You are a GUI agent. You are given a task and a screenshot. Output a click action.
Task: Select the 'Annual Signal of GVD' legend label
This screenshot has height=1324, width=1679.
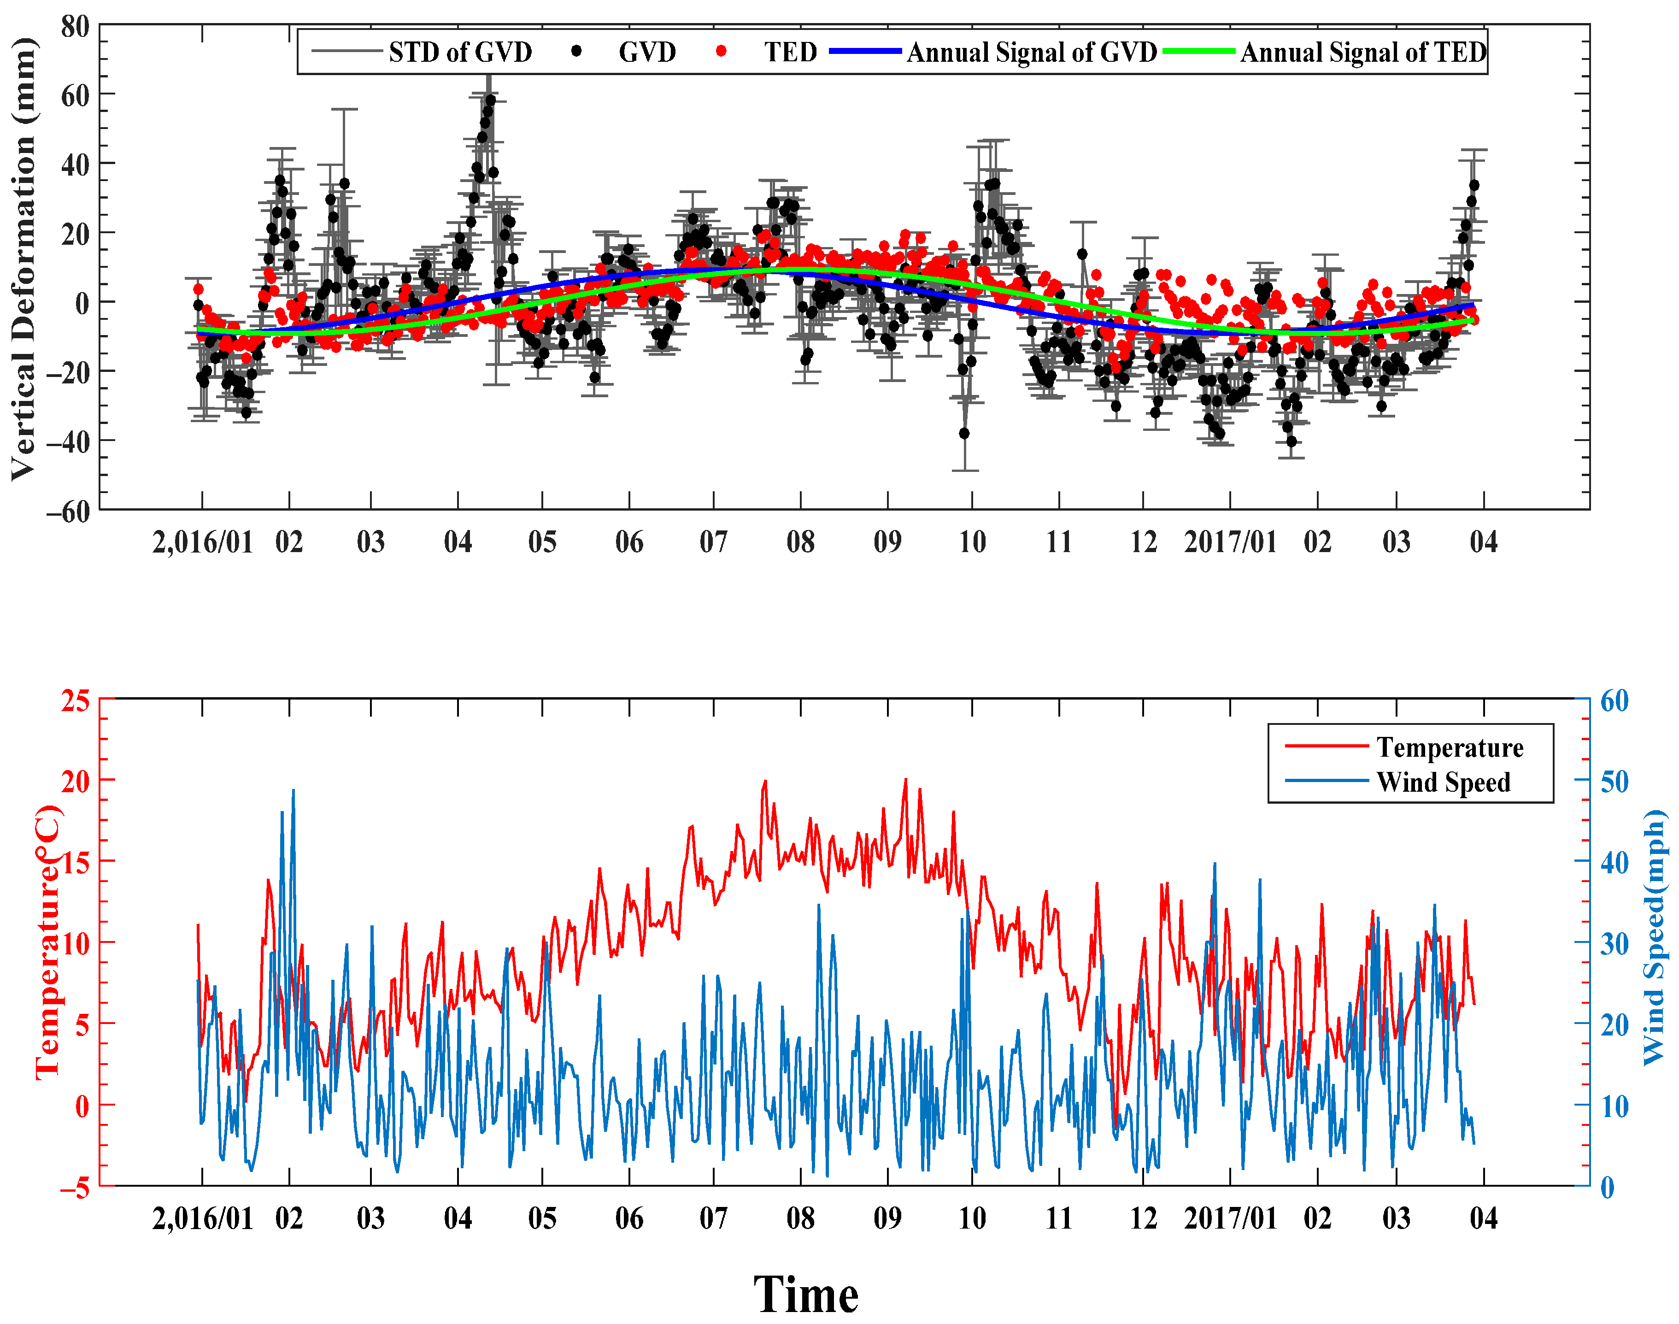(x=1031, y=52)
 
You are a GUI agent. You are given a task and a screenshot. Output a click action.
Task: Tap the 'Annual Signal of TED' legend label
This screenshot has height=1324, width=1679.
(x=1363, y=52)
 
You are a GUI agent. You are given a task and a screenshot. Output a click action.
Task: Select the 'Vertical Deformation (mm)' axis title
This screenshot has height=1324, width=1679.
(x=23, y=259)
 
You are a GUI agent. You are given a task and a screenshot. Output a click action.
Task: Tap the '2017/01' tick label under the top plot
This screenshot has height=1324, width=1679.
(x=1229, y=542)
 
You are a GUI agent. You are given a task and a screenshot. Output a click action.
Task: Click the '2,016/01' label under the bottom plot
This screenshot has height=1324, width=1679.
(x=202, y=1218)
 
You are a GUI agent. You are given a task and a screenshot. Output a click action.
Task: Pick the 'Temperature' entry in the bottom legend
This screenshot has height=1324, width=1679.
(x=1449, y=747)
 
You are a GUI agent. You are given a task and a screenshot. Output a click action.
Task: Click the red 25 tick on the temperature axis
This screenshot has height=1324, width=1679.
(x=75, y=701)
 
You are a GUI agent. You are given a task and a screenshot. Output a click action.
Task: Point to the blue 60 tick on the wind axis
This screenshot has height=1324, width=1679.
(x=1614, y=701)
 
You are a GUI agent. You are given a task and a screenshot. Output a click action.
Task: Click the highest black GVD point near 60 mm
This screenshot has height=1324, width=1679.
(x=490, y=100)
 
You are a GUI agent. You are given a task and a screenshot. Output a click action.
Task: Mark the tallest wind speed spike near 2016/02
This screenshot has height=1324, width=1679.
(x=293, y=791)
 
